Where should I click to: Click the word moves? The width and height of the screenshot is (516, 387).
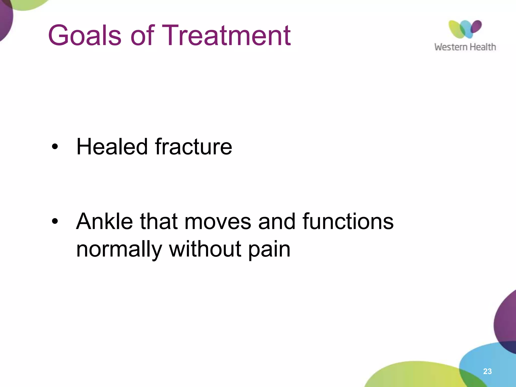[x=218, y=222]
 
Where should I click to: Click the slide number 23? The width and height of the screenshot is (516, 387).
[x=487, y=371]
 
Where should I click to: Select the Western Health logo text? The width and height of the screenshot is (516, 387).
[x=465, y=47]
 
